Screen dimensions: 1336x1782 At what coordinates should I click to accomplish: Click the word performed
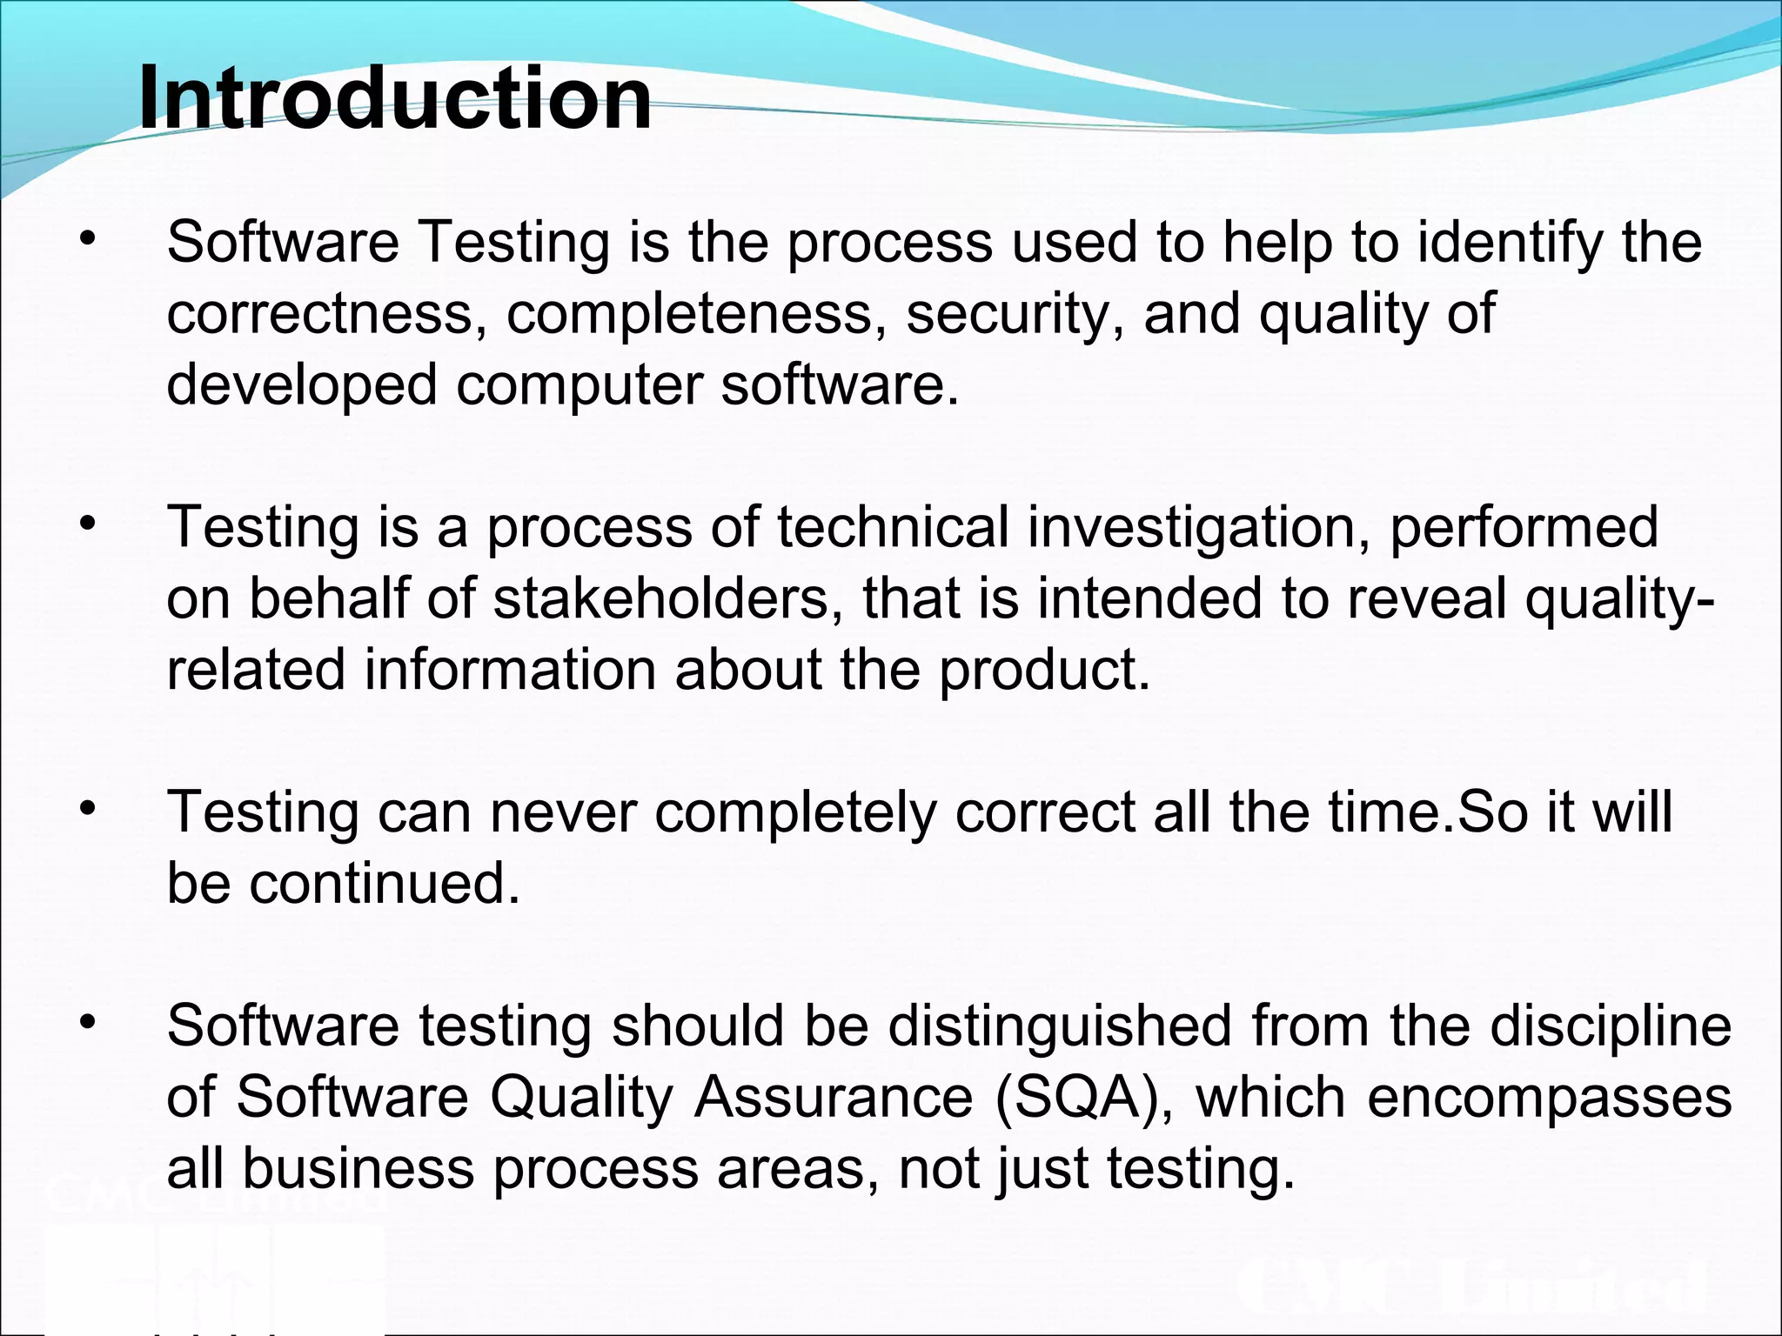1524,529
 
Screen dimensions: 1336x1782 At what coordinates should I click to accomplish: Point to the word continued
384,884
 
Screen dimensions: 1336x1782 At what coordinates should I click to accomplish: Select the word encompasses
1550,1098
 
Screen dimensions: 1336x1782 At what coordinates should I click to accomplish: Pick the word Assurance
833,1098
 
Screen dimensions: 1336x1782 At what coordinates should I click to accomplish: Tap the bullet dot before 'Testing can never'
86,809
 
